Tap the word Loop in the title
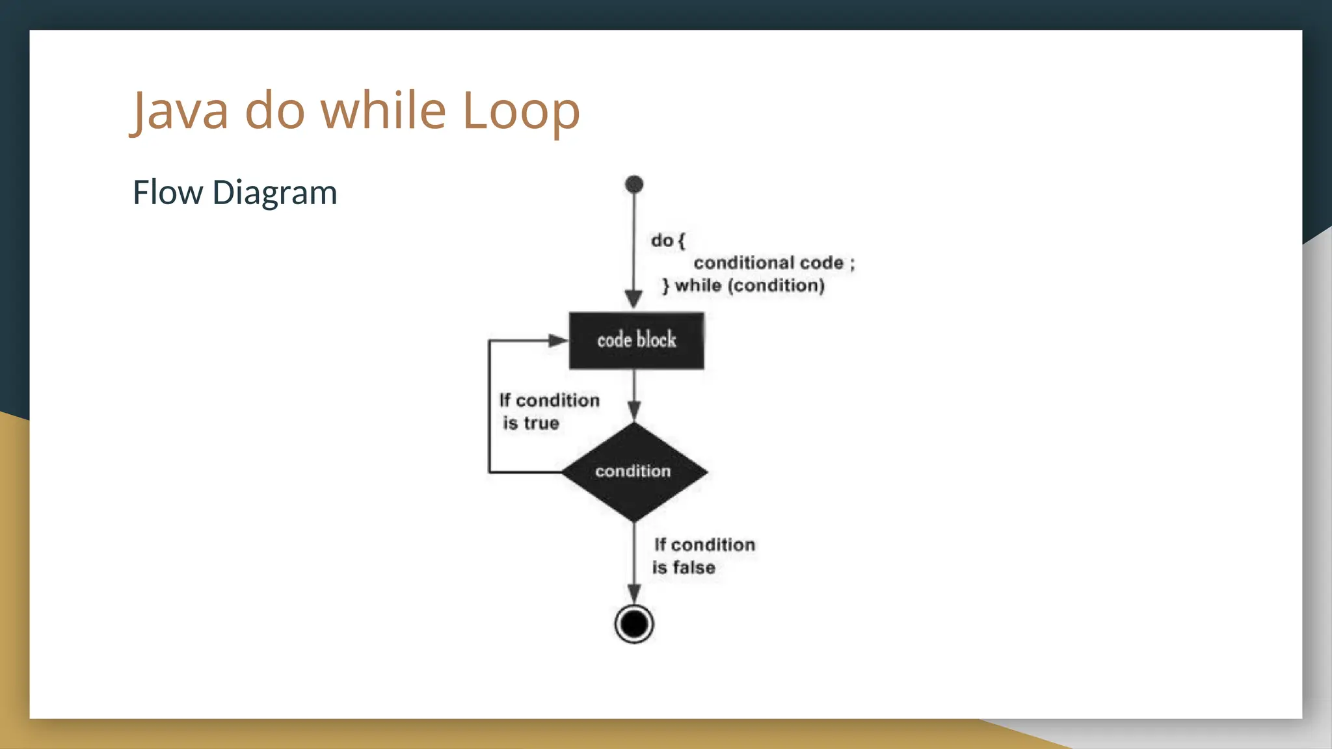coord(520,111)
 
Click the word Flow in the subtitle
coord(168,192)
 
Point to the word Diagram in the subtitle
coord(274,193)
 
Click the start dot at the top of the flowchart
coord(634,185)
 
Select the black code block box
coord(636,341)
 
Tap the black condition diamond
coord(634,471)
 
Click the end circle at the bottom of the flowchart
coord(634,624)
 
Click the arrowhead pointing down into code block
coord(634,300)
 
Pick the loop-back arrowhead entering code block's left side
coord(557,341)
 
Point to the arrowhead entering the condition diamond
coord(634,411)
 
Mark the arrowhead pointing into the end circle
coord(634,593)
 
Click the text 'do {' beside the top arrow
coord(668,241)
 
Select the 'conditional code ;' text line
coord(774,263)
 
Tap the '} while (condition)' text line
coord(743,285)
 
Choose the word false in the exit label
coord(694,568)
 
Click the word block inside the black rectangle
coord(656,339)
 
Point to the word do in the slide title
coord(274,110)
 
